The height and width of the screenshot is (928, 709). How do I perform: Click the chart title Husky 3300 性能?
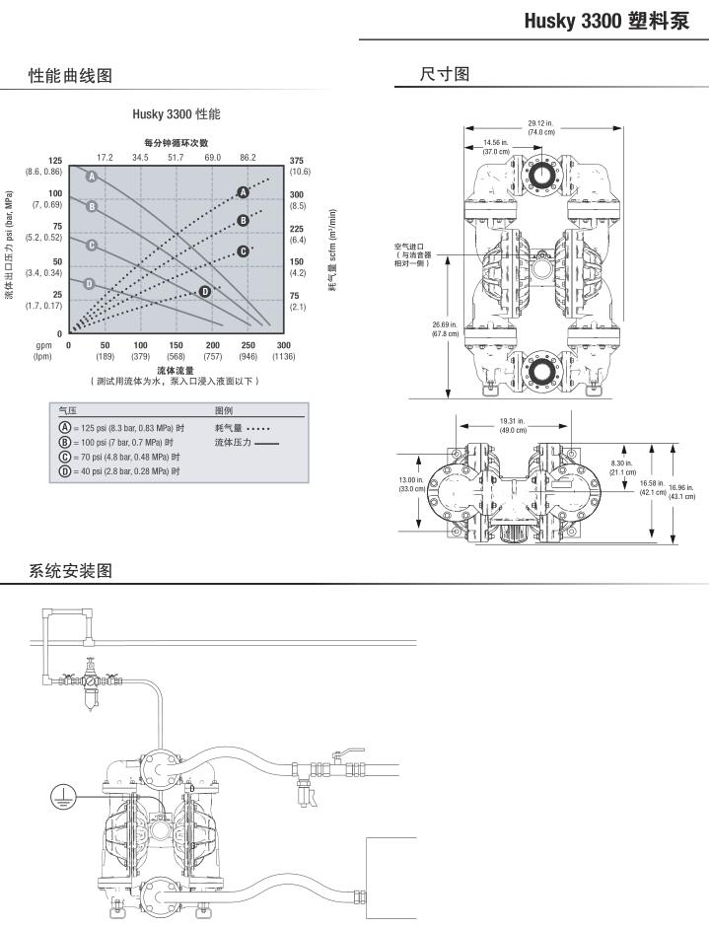[177, 114]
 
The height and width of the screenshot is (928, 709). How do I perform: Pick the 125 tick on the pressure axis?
[55, 161]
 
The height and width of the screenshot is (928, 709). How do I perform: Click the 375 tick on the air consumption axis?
[297, 161]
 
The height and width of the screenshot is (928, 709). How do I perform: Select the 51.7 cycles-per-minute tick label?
[176, 157]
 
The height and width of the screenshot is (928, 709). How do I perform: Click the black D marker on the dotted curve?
[205, 291]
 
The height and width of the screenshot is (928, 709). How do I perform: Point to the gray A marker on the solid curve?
[91, 176]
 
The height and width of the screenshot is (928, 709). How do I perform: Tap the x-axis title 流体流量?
[176, 370]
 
